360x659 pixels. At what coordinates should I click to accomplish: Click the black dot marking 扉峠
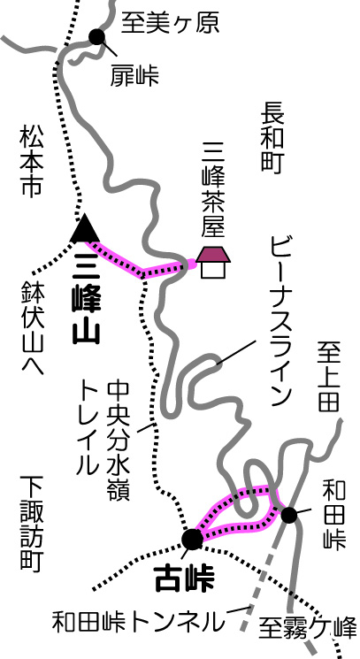pos(96,37)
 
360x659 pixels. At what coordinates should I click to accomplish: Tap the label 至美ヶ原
pos(170,23)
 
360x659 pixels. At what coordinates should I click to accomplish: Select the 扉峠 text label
pos(134,76)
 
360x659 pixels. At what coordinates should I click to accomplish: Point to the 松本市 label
pos(31,162)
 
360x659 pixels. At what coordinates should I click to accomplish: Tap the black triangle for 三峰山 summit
pos(85,227)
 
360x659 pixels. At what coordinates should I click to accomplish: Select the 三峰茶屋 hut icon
pos(213,262)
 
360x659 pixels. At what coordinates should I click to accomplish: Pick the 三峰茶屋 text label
pos(214,189)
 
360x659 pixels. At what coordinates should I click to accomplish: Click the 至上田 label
pos(328,377)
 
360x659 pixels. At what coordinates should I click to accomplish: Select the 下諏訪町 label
pos(32,524)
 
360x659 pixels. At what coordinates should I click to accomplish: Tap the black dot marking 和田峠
pos(289,515)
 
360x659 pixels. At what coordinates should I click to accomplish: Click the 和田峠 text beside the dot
pos(333,515)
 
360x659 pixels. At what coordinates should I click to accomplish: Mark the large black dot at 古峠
pos(192,539)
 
